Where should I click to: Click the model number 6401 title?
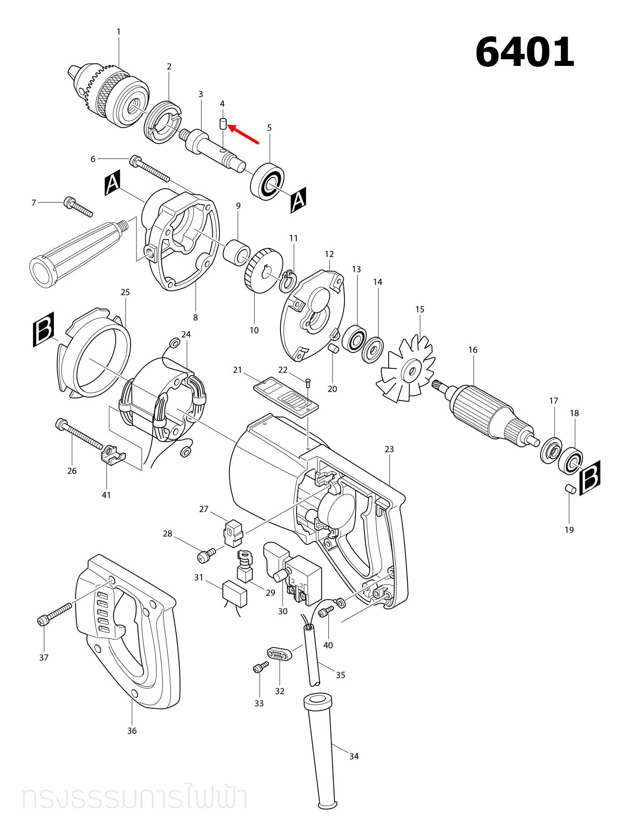(x=525, y=52)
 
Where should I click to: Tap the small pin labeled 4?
(x=223, y=124)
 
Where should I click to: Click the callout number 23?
(x=389, y=449)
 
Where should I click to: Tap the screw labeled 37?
(x=54, y=614)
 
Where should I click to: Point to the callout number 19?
(x=569, y=530)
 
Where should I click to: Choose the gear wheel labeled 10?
(x=263, y=271)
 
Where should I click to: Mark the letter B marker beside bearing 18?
(x=590, y=478)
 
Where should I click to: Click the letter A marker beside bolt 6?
(x=112, y=183)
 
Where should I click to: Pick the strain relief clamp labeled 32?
(x=279, y=654)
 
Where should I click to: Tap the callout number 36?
(x=132, y=731)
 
